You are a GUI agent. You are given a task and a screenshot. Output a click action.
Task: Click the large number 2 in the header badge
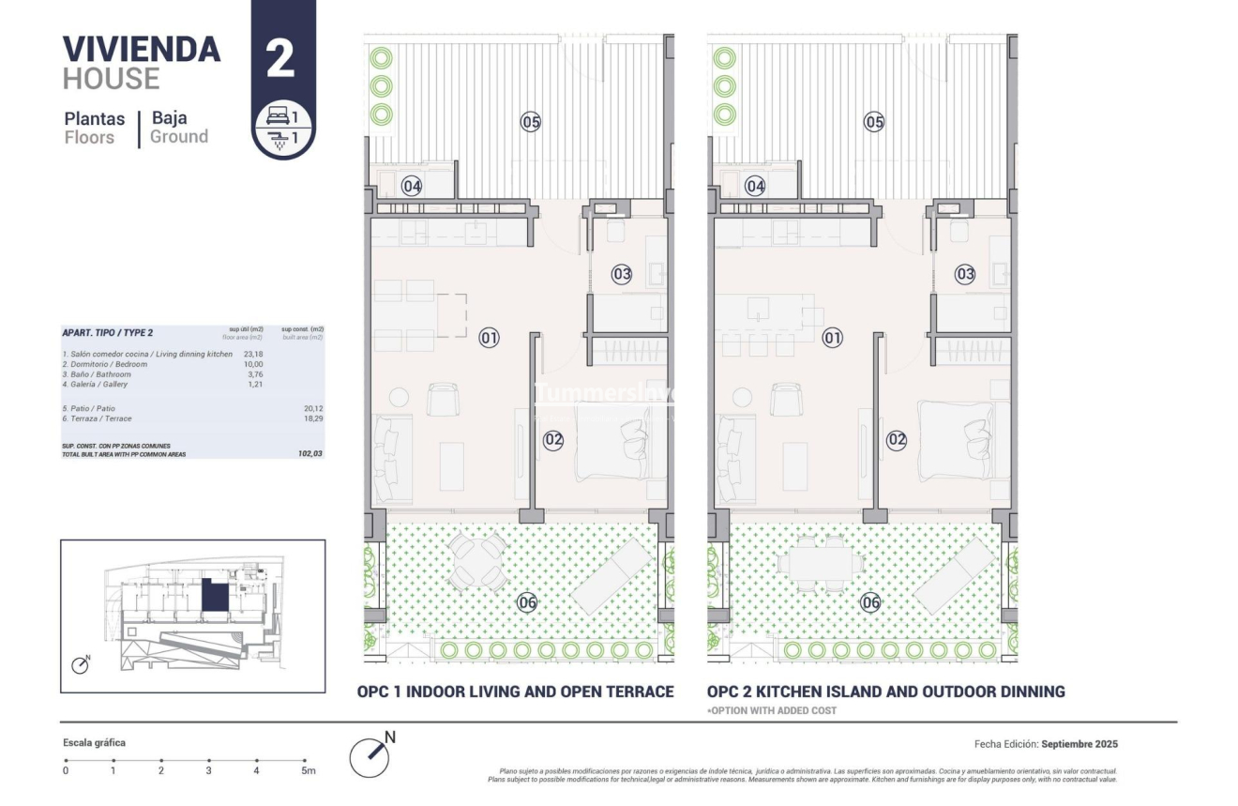click(x=280, y=59)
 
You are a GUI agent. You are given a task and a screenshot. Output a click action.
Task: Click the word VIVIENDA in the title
click(x=142, y=49)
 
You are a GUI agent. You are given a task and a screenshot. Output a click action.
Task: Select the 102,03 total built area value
click(x=310, y=453)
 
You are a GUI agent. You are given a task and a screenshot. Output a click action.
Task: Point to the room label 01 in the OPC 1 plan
click(x=489, y=337)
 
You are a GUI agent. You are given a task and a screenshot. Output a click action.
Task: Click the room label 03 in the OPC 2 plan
click(x=965, y=274)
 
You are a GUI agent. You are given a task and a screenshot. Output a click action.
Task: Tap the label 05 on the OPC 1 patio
click(x=531, y=121)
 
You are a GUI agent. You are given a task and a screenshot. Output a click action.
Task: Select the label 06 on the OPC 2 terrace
click(x=871, y=602)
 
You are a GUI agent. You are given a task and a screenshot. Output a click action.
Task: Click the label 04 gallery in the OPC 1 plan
click(x=412, y=186)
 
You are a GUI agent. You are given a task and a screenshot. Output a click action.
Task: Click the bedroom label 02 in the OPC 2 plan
click(x=897, y=438)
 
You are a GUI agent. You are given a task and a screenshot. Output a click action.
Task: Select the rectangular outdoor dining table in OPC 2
click(x=822, y=563)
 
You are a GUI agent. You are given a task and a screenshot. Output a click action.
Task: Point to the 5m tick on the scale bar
click(x=305, y=761)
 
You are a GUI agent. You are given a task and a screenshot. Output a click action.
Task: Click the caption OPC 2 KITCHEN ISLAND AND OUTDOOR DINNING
click(x=885, y=692)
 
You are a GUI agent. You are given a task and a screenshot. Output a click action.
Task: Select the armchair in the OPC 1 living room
click(x=443, y=401)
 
